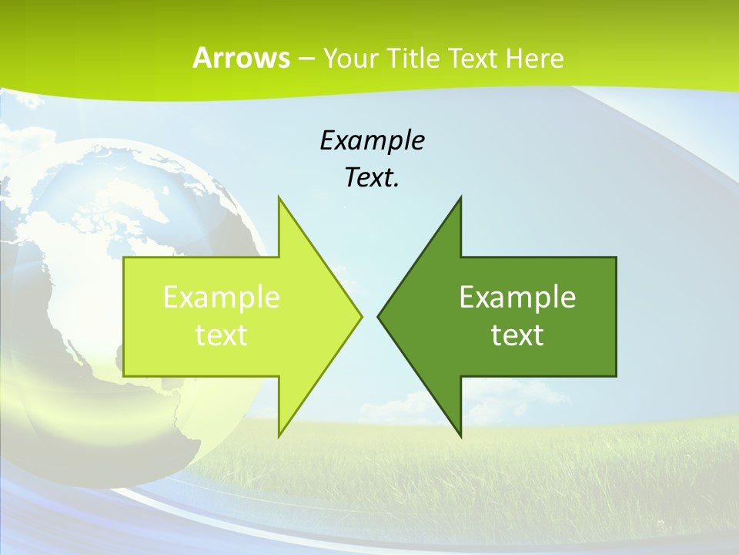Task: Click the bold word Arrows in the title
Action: tap(241, 58)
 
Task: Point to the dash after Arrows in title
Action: tap(306, 59)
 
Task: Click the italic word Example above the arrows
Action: tap(372, 140)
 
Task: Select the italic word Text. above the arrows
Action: tap(372, 177)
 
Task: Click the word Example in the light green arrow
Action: tap(222, 297)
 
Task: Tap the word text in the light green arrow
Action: tap(222, 335)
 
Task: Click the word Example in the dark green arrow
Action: tap(517, 297)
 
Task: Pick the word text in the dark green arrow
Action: tap(517, 335)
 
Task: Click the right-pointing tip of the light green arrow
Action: tap(361, 316)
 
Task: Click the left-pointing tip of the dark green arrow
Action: tap(378, 316)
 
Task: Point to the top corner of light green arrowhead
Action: tap(279, 197)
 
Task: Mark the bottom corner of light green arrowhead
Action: tap(279, 436)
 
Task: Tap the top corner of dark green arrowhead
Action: tap(460, 197)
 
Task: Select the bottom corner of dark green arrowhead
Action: tap(460, 436)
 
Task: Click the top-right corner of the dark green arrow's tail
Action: tap(616, 257)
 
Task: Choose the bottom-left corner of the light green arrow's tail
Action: tap(124, 376)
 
